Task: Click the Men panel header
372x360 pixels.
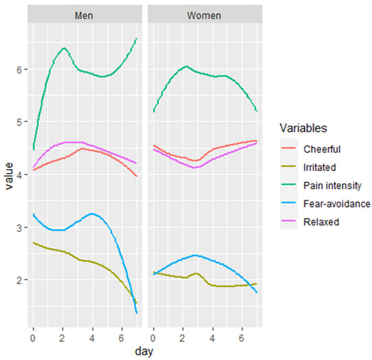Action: [85, 14]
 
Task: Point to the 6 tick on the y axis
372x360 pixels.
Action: [18, 70]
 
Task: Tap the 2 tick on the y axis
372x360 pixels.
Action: [18, 279]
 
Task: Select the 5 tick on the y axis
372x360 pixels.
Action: [18, 122]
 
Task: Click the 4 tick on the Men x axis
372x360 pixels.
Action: [93, 336]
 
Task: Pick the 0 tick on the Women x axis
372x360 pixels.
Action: [154, 336]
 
